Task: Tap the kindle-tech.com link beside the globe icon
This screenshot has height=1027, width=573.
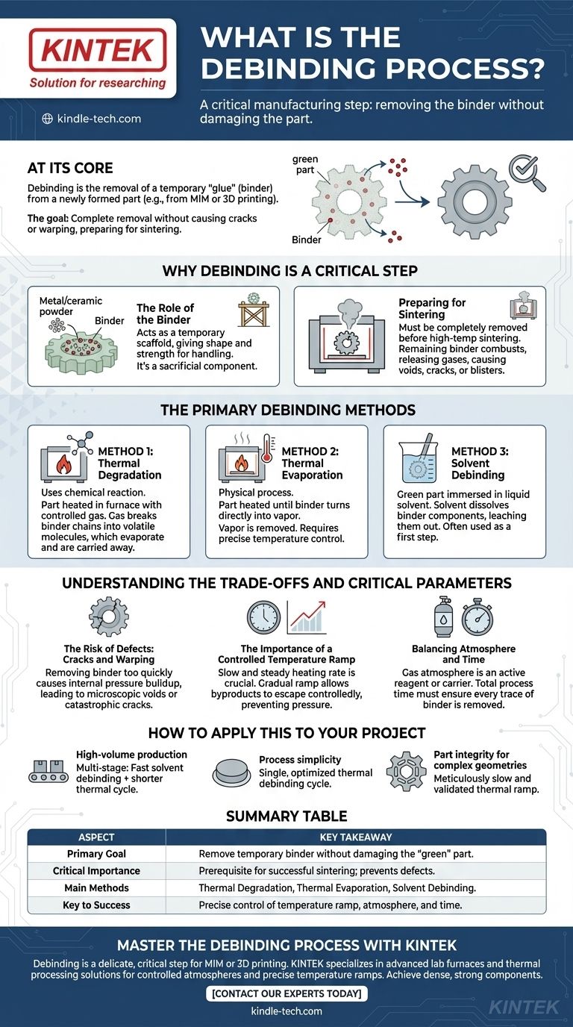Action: [98, 119]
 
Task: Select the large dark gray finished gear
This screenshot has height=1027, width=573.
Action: [475, 202]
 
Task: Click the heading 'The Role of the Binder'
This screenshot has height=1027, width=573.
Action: [165, 313]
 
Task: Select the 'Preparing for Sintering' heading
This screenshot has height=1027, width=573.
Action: [432, 308]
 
